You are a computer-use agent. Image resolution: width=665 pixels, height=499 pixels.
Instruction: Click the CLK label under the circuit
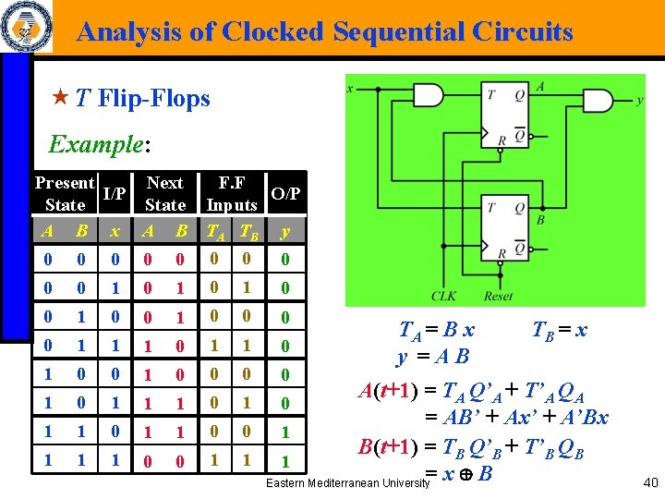point(444,296)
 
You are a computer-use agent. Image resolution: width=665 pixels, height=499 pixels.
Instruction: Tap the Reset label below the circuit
point(497,296)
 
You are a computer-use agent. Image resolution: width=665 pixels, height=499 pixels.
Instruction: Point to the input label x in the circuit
point(351,89)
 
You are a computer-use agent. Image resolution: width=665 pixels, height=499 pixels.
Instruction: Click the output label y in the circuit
point(640,100)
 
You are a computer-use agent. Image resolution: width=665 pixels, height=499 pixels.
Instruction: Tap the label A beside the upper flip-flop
point(540,86)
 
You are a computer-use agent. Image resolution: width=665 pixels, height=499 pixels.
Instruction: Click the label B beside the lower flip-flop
point(540,221)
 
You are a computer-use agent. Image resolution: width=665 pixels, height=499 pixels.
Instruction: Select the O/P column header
point(286,194)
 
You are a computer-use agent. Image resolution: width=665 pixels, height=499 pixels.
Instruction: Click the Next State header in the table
point(165,194)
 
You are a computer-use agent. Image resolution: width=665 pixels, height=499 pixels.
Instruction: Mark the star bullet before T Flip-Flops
point(62,98)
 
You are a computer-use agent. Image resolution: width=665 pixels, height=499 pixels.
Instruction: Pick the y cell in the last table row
point(286,459)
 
